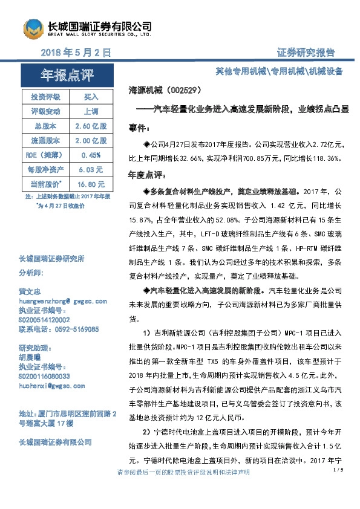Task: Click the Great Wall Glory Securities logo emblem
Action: pos(34,28)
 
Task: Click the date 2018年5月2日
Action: pos(76,53)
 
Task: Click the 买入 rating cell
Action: pos(91,97)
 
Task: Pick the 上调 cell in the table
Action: pos(91,112)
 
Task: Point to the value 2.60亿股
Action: pos(91,126)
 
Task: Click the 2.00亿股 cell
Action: pos(91,141)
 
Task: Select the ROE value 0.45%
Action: pos(91,155)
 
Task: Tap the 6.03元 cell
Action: pos(91,170)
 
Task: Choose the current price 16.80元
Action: pos(91,184)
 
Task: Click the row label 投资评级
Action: pos(45,97)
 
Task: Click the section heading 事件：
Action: pos(139,129)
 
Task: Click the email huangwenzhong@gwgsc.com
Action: pos(64,300)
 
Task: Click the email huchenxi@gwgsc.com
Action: pos(53,385)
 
